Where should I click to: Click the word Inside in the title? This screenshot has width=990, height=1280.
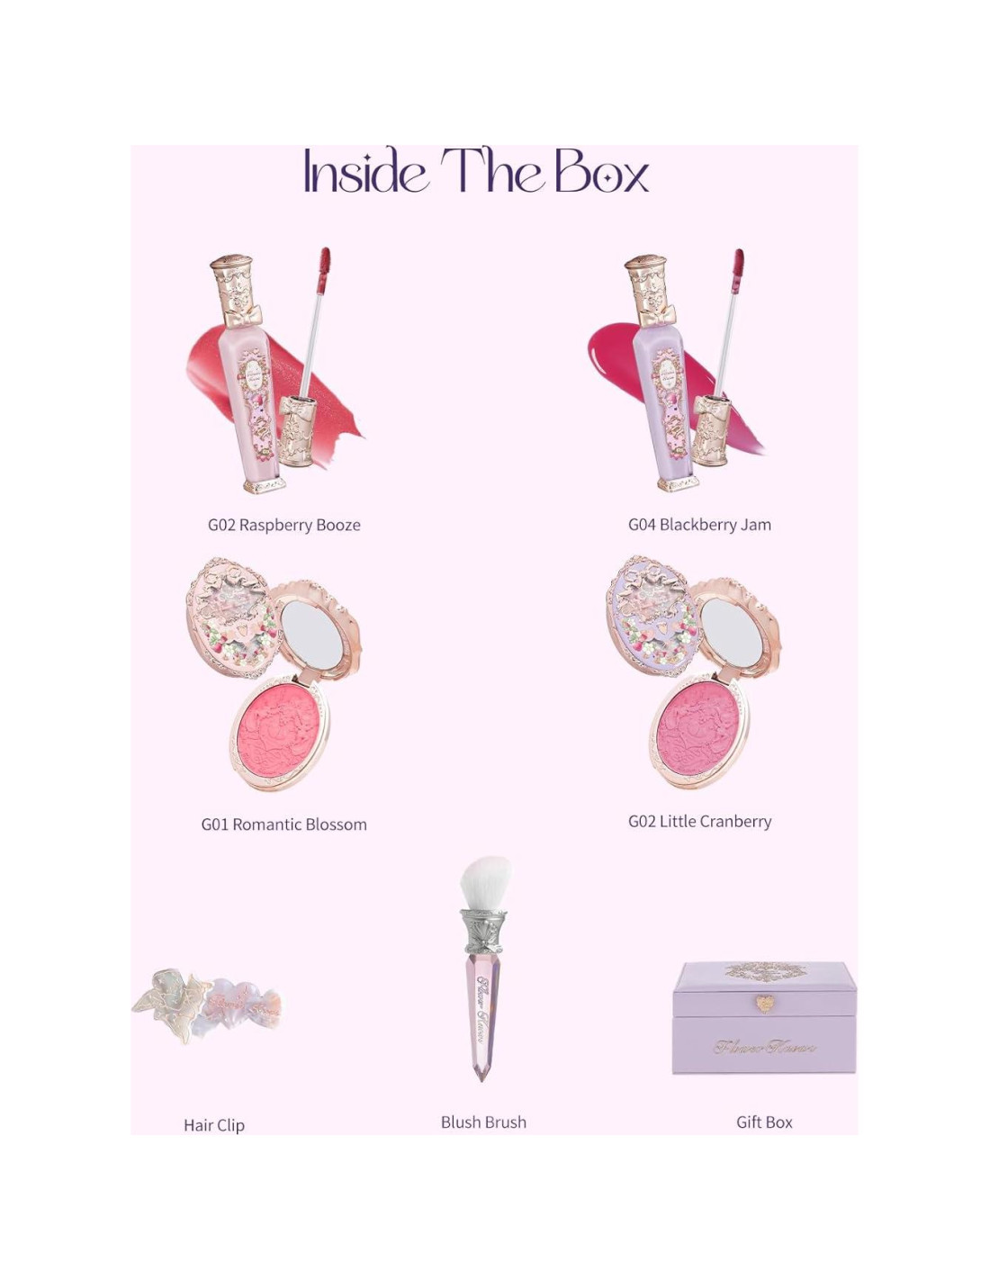coord(364,172)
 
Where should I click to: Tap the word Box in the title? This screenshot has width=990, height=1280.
coord(601,172)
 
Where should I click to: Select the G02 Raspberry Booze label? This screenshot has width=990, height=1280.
coord(283,525)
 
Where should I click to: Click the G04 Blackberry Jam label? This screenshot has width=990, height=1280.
coord(699,525)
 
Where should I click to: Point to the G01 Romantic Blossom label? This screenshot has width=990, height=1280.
coord(283,825)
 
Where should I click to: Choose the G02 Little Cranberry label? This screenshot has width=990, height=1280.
coord(699,822)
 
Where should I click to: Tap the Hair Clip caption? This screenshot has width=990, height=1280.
coord(213,1125)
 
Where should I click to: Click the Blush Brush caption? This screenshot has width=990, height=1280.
coord(483,1122)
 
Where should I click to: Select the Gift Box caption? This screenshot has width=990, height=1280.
coord(764,1122)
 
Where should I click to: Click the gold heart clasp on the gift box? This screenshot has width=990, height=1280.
coord(764,1004)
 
